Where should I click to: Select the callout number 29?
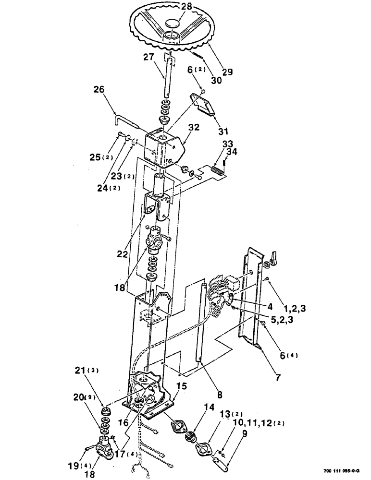pyautogui.click(x=227, y=72)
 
